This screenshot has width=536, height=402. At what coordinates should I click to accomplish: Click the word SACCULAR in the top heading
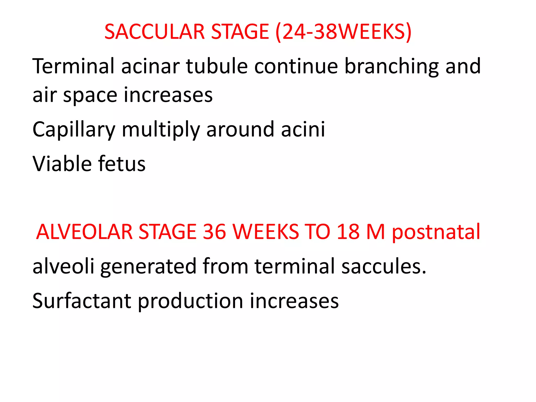point(154,32)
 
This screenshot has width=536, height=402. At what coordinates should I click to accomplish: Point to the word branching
point(391,66)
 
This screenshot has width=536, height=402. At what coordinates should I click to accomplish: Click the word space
point(90,95)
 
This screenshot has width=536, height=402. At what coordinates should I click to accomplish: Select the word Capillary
point(74,129)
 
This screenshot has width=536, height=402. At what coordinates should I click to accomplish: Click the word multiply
point(161,129)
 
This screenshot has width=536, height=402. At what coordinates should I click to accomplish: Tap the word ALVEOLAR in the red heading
point(84,232)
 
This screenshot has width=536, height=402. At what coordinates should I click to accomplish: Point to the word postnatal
point(436,232)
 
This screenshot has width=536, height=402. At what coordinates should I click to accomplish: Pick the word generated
point(148,266)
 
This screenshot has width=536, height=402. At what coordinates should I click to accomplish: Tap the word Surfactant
point(82,301)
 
